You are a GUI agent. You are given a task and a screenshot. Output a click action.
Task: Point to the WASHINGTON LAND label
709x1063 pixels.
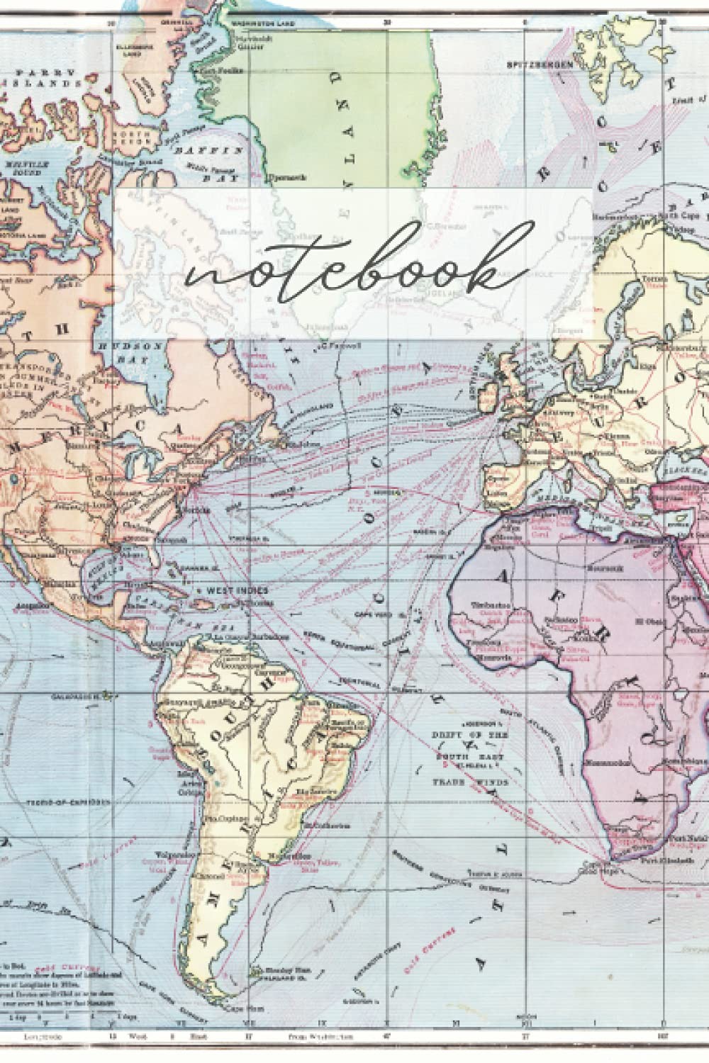pyautogui.click(x=250, y=23)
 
